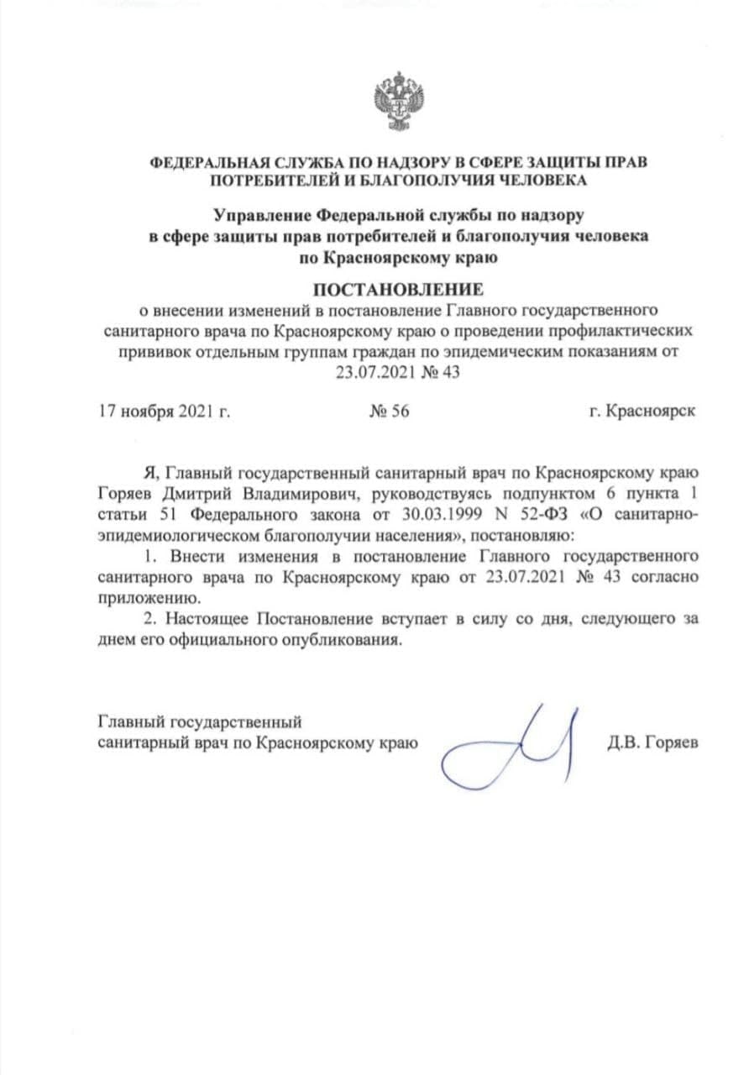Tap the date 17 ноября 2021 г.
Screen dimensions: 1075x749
pos(165,412)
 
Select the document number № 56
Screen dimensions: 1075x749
pos(389,412)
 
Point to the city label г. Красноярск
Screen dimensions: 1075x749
pos(642,412)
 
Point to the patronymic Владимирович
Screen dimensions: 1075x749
pos(307,493)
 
